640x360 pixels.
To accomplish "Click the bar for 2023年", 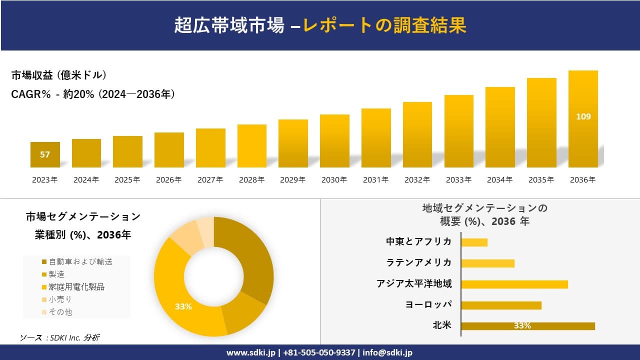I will pyautogui.click(x=45, y=154).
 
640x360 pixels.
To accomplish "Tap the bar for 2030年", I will pyautogui.click(x=334, y=141).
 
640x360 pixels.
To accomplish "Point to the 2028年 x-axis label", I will pyautogui.click(x=251, y=180).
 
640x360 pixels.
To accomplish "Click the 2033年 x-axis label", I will pyautogui.click(x=458, y=180).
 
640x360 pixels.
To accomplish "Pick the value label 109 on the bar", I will pyautogui.click(x=583, y=116).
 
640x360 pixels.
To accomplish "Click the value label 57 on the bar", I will pyautogui.click(x=45, y=154).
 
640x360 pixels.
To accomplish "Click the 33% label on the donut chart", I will pyautogui.click(x=183, y=306).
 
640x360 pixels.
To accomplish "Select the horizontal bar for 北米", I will pyautogui.click(x=527, y=326).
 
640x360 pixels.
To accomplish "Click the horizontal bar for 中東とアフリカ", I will pyautogui.click(x=474, y=242).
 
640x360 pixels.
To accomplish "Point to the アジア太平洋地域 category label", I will pyautogui.click(x=414, y=284).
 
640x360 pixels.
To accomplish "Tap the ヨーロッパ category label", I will pyautogui.click(x=428, y=305).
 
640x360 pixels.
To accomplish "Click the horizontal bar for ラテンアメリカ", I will pyautogui.click(x=487, y=263).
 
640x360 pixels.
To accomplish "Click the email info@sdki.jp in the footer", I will pyautogui.click(x=387, y=352).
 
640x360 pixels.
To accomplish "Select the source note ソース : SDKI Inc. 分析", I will pyautogui.click(x=59, y=338).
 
